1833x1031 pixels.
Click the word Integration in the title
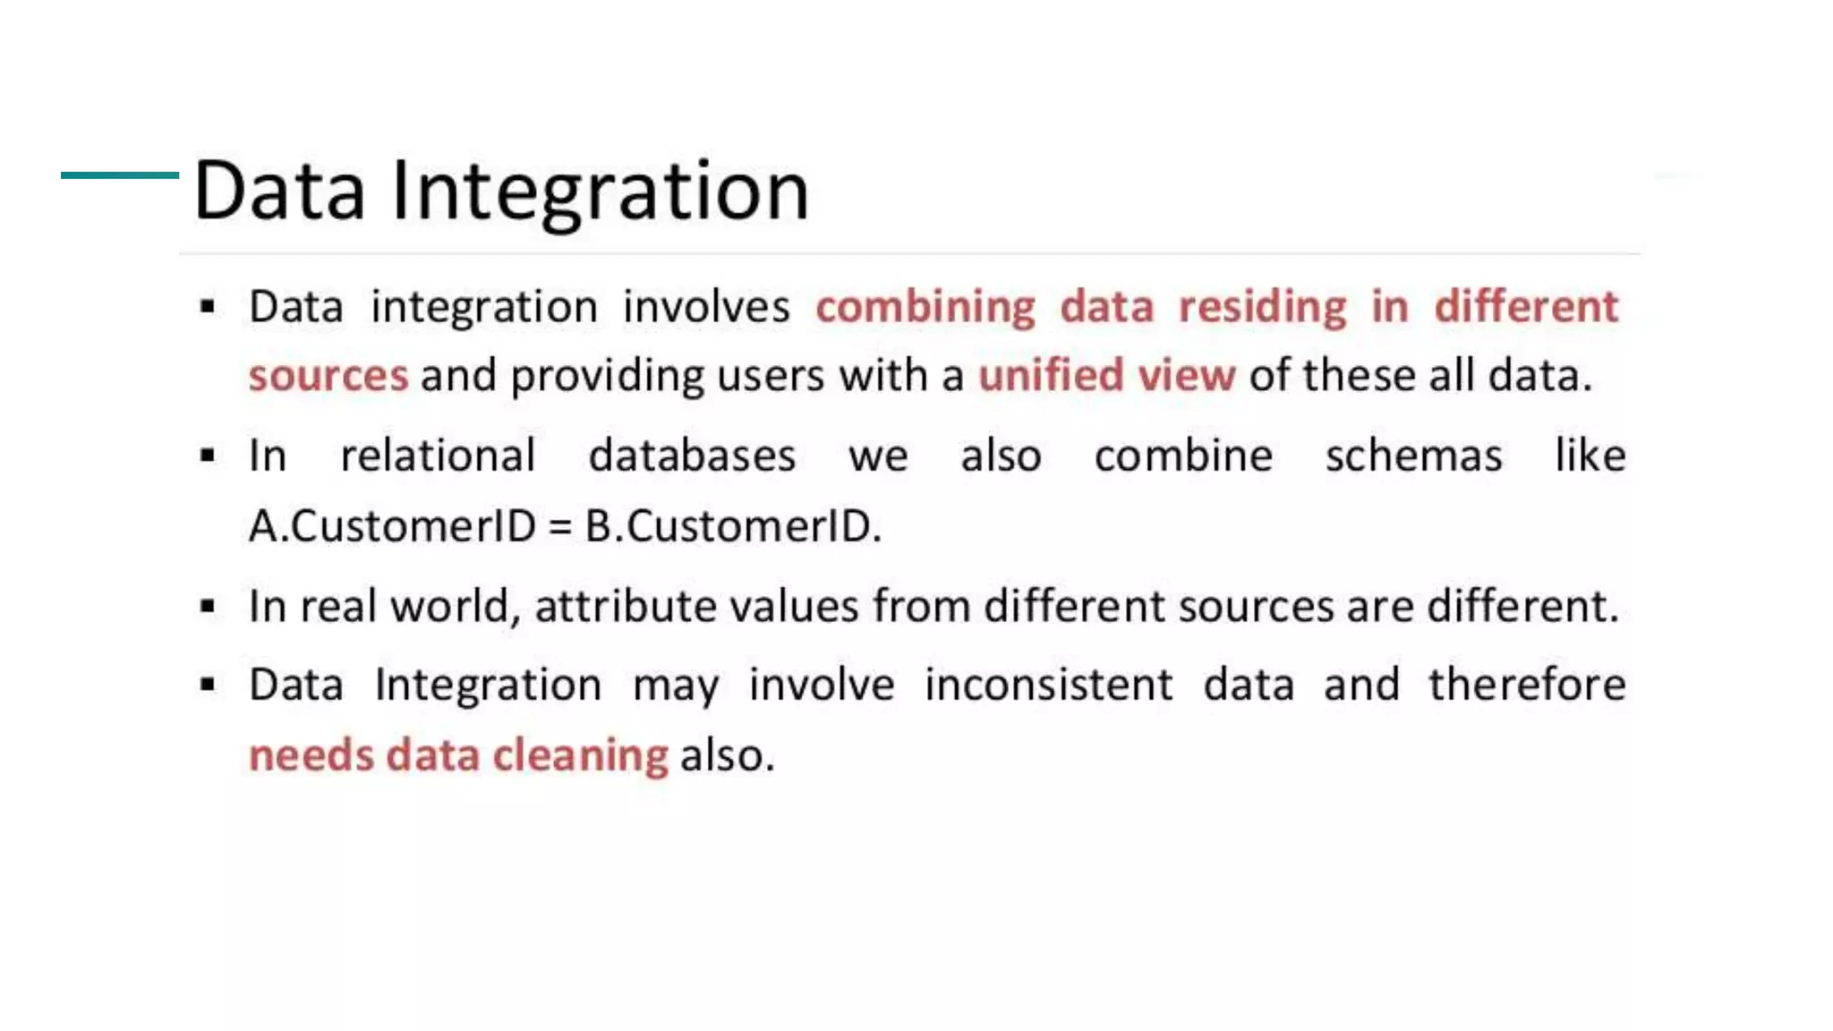tap(600, 191)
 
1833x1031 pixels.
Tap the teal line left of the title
tap(119, 175)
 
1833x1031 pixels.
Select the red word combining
tap(925, 307)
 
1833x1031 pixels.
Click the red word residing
tap(1262, 307)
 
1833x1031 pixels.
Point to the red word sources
tap(328, 376)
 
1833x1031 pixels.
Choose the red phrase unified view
tap(1106, 375)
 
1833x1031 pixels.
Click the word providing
tap(607, 376)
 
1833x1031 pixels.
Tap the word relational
tap(438, 456)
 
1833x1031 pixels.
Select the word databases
tap(692, 456)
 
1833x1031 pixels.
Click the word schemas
tap(1413, 456)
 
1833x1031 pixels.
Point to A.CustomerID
tap(392, 525)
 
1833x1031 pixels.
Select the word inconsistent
tap(1048, 685)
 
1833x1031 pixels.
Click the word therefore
tap(1527, 685)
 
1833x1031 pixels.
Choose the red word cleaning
tap(580, 755)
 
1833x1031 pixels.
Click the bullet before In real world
tap(208, 608)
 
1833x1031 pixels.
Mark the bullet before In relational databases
tap(208, 456)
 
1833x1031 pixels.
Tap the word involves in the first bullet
tap(706, 307)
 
